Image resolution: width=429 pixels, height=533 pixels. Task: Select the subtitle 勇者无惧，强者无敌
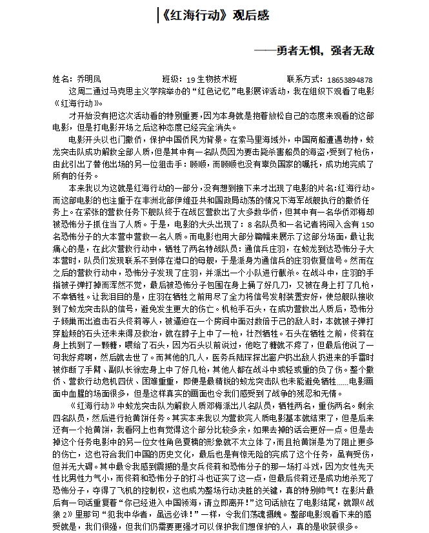324,50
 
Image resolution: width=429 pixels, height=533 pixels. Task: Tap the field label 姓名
61,79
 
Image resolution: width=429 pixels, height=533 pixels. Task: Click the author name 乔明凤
90,79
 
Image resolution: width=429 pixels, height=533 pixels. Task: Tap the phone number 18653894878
350,80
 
